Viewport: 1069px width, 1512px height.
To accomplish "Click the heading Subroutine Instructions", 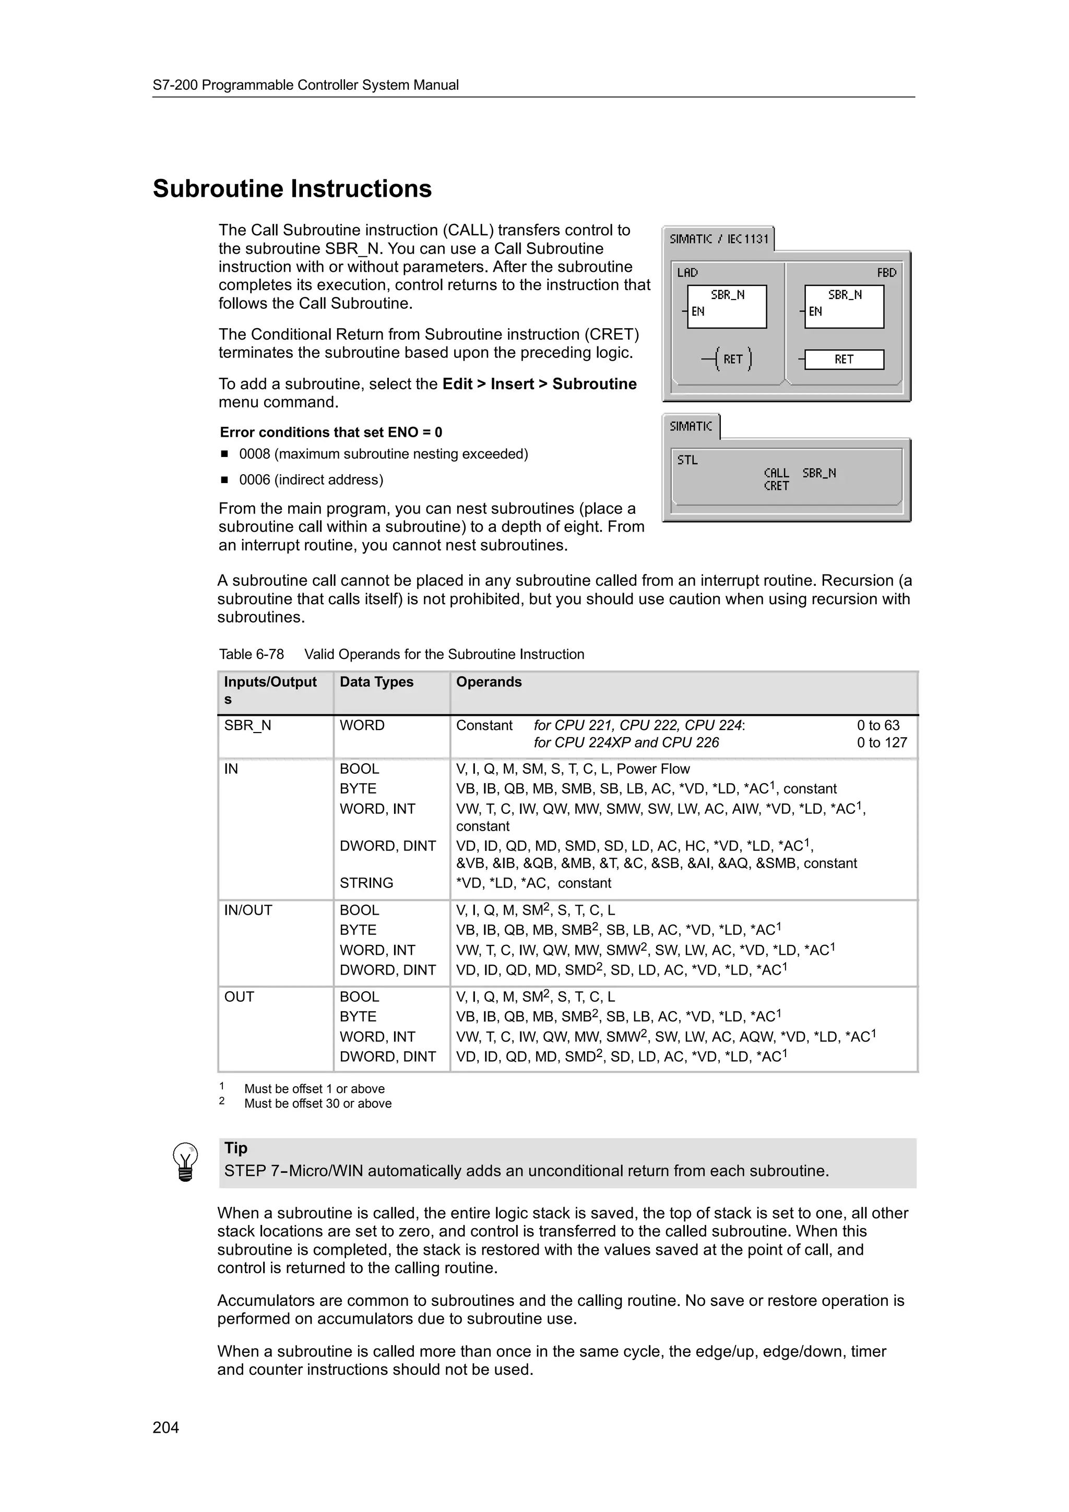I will [x=292, y=189].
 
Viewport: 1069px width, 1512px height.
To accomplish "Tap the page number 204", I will [x=165, y=1427].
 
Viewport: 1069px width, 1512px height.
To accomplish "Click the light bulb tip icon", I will [x=185, y=1162].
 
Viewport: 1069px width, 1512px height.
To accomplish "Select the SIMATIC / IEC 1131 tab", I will [x=719, y=239].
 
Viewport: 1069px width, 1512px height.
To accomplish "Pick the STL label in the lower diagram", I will [x=687, y=460].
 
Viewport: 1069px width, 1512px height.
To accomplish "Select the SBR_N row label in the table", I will [x=247, y=726].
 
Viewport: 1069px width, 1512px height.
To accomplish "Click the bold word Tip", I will [x=236, y=1148].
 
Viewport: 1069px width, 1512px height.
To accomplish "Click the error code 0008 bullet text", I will [x=383, y=454].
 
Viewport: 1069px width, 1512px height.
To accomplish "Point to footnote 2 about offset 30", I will [x=317, y=1103].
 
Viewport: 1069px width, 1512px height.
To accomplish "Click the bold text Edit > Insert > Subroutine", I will [x=539, y=385].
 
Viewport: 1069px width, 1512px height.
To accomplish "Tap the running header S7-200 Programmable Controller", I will [x=306, y=85].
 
